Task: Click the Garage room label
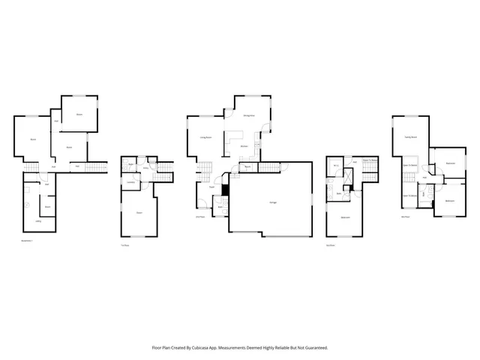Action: click(271, 202)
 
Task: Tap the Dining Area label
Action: click(249, 115)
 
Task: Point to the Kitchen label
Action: click(244, 146)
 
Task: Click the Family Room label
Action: click(410, 137)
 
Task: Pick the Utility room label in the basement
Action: click(38, 222)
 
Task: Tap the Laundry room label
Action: click(130, 182)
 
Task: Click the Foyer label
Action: click(212, 187)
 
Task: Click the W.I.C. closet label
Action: click(337, 164)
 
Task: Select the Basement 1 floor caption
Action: click(27, 241)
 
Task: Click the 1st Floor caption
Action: click(125, 245)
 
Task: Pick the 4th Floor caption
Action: click(405, 217)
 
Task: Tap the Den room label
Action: click(139, 213)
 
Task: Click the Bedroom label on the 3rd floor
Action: click(346, 217)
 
